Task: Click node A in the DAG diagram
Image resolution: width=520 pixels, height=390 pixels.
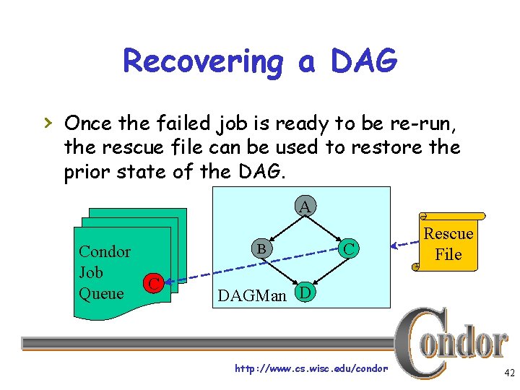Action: [x=305, y=207]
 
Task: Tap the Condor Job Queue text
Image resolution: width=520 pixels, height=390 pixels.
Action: [x=104, y=272]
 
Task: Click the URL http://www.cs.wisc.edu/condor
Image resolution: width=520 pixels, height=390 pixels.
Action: [x=311, y=369]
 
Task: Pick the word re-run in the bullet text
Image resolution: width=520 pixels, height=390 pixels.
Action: [x=424, y=123]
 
